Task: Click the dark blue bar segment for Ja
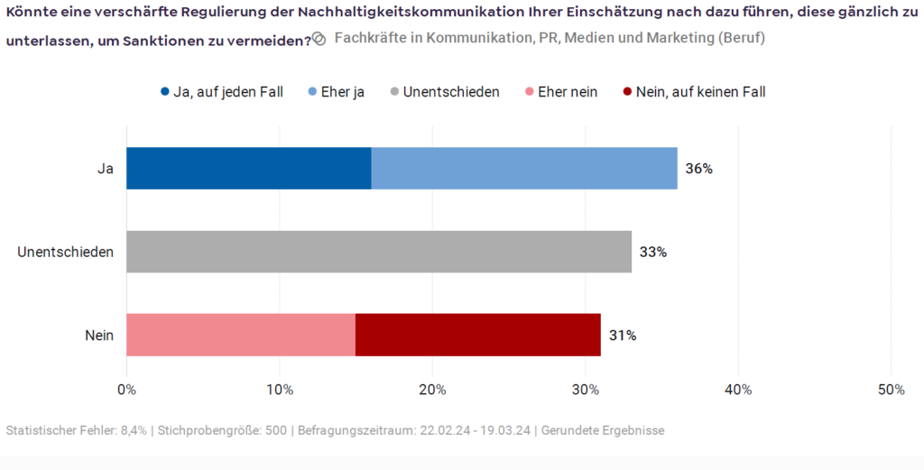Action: click(x=248, y=168)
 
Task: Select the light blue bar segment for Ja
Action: click(x=524, y=168)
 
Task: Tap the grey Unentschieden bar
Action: click(x=379, y=252)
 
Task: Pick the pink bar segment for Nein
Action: click(x=241, y=335)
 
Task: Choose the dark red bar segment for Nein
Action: click(x=478, y=335)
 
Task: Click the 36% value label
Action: click(x=699, y=169)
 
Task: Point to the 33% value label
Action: click(x=653, y=253)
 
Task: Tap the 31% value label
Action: click(x=623, y=336)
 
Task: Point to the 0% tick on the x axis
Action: click(x=127, y=390)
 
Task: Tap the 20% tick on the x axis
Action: click(x=432, y=390)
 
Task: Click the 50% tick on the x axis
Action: click(x=891, y=390)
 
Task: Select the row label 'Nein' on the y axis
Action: click(x=99, y=336)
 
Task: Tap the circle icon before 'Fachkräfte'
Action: click(x=319, y=40)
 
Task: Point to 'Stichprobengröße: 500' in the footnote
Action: click(x=223, y=430)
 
